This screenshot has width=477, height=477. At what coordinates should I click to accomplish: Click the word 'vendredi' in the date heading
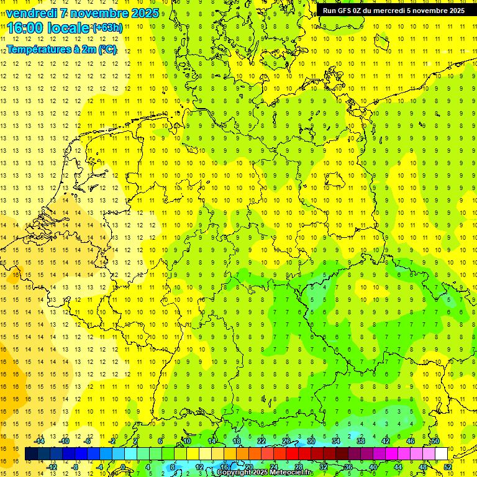[33, 12]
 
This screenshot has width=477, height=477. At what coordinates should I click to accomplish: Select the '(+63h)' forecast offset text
[107, 28]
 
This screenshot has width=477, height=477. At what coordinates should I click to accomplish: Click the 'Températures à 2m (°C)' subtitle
[61, 50]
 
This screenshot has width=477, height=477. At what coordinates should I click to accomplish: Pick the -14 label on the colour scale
[40, 441]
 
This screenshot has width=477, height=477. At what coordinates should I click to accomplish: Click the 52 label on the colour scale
[448, 467]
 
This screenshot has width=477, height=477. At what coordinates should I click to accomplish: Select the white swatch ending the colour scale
[441, 454]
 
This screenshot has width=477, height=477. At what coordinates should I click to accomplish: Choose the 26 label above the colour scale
[286, 441]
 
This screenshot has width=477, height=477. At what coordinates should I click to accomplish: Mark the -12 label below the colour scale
[52, 467]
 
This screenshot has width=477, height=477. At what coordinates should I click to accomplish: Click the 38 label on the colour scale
[361, 441]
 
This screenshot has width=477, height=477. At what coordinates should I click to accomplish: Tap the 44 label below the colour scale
[398, 467]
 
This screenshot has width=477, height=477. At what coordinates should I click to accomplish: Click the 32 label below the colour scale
[324, 467]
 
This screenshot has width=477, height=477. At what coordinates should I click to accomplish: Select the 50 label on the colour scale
[435, 441]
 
